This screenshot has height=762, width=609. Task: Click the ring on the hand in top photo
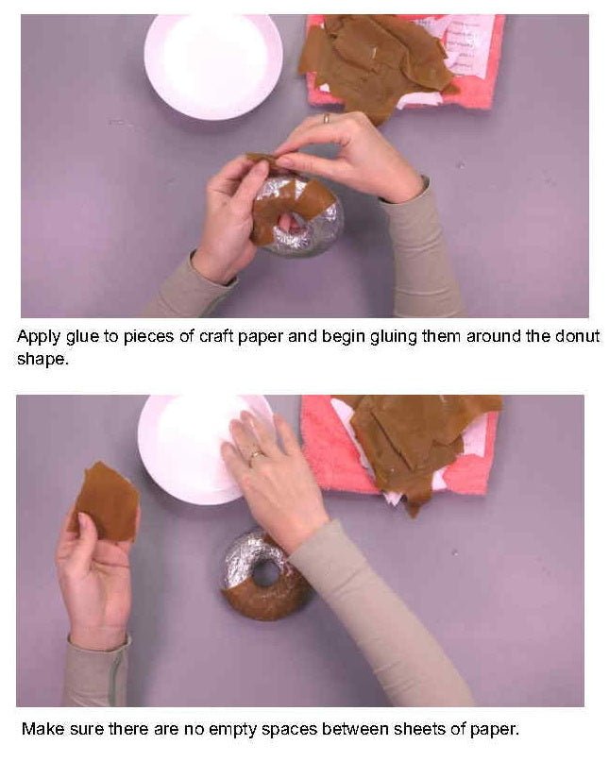327,118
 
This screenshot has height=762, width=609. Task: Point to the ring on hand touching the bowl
253,455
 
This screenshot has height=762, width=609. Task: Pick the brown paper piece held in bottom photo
106,500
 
